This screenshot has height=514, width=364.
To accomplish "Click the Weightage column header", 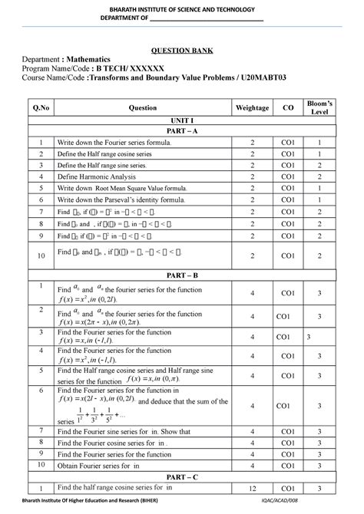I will tap(252, 108).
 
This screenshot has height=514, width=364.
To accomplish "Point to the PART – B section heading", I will tap(181, 274).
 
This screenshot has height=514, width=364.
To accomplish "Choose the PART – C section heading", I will tap(181, 476).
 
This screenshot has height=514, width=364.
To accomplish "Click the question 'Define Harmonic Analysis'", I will tap(96, 176).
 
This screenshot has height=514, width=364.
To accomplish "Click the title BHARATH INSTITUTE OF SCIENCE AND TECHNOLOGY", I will tap(181, 7).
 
